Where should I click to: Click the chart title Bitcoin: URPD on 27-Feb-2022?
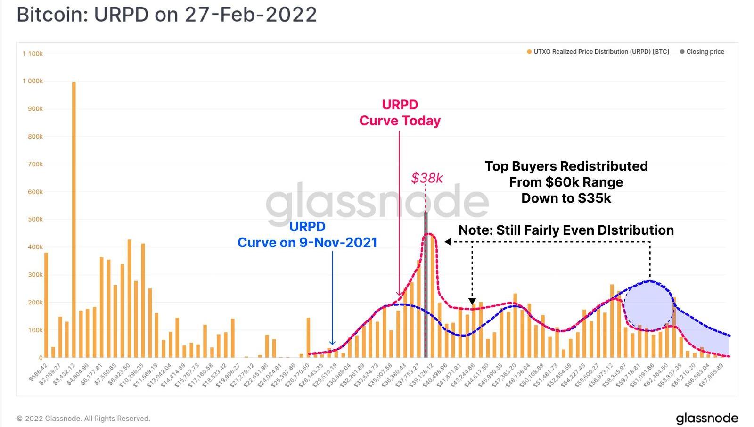pyautogui.click(x=167, y=15)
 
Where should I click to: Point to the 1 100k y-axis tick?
pyautogui.click(x=33, y=54)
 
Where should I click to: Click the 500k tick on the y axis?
pyautogui.click(x=34, y=219)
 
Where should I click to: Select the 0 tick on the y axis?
pyautogui.click(x=41, y=358)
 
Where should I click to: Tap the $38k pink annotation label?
pyautogui.click(x=427, y=178)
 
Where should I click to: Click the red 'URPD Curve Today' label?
pyautogui.click(x=400, y=113)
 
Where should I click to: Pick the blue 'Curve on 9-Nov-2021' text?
pyautogui.click(x=307, y=242)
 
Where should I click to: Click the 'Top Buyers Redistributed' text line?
pyautogui.click(x=566, y=166)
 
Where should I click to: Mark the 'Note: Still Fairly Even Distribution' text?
pyautogui.click(x=566, y=230)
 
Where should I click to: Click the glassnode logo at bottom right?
pyautogui.click(x=707, y=418)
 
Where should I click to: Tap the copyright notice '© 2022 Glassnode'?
pyautogui.click(x=83, y=419)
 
